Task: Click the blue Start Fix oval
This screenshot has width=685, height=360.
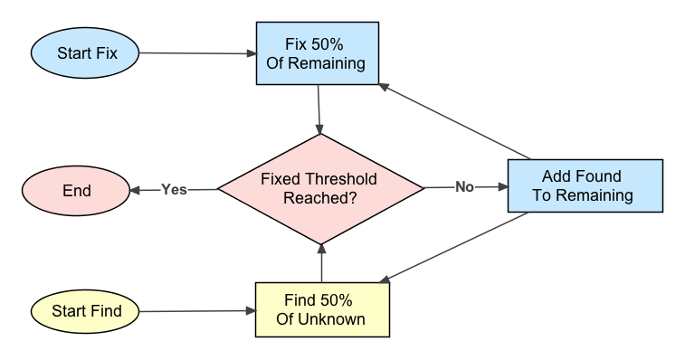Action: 86,53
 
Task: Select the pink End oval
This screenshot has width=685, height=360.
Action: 76,191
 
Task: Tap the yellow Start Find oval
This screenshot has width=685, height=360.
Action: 87,311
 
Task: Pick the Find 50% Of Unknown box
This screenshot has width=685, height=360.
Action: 321,309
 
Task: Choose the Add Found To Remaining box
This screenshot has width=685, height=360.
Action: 585,185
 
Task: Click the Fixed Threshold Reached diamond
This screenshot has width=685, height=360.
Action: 319,188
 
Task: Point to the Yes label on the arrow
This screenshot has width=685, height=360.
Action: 174,190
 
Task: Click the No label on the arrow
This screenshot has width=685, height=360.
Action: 464,187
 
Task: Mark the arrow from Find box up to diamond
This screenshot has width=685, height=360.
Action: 322,262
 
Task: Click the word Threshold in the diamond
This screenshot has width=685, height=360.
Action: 345,179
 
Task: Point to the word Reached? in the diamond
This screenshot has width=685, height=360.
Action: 319,198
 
